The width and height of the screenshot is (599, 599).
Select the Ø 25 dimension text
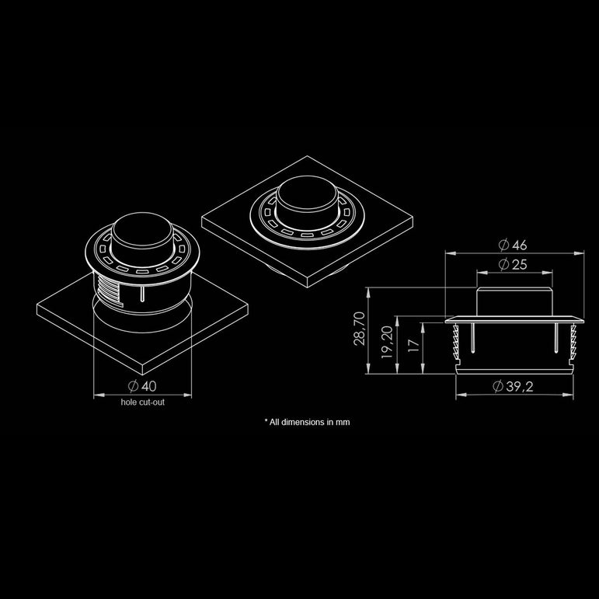pos(514,265)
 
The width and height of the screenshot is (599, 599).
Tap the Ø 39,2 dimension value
pos(514,387)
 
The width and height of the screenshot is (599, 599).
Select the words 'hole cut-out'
pos(142,402)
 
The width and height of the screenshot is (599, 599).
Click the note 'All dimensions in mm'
pos(307,423)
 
